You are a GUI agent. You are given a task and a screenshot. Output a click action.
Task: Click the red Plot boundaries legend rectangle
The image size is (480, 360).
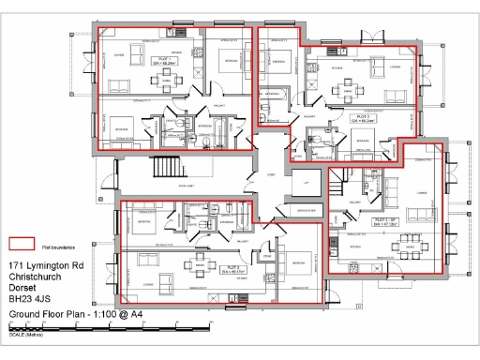point(22,245)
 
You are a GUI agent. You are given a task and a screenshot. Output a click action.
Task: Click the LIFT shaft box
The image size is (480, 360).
point(304,185)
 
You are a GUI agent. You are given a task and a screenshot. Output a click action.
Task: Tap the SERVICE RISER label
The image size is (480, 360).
point(303,213)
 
